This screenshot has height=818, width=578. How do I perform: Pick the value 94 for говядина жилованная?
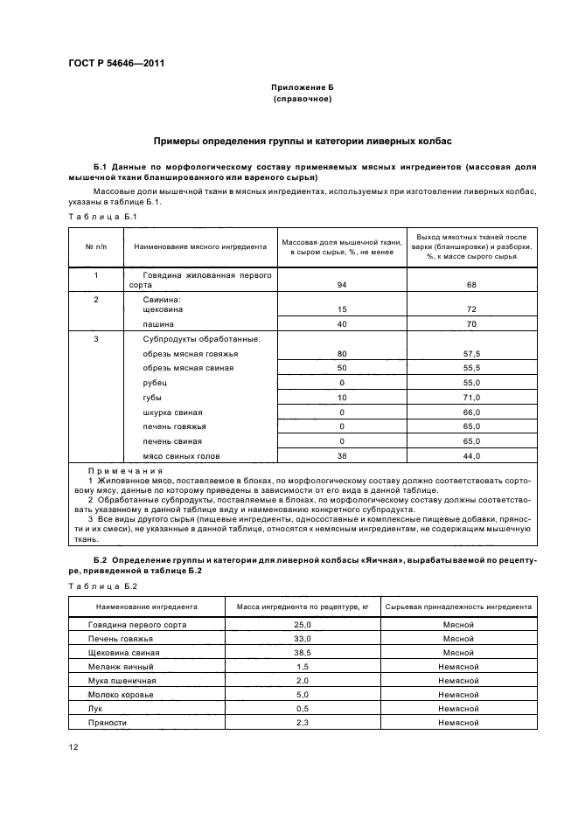point(341,285)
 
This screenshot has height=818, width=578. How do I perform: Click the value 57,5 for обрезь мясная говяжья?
point(472,353)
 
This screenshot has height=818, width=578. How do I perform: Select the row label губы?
point(152,398)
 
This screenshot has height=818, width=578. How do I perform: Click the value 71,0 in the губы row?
point(472,398)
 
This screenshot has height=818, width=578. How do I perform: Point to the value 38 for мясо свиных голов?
point(341,456)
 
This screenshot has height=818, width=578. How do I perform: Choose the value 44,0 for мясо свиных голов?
point(472,456)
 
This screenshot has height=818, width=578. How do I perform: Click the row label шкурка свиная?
point(172,412)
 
